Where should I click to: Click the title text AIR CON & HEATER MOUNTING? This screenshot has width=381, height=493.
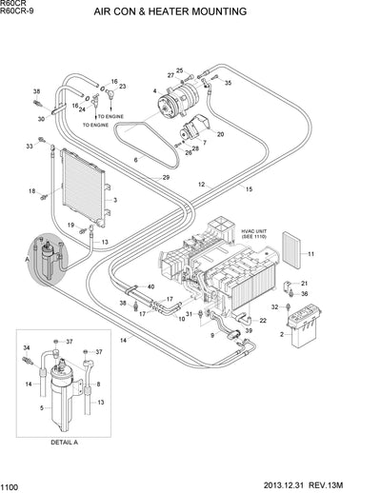pyautogui.click(x=170, y=12)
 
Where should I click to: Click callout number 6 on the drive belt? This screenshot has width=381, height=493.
pyautogui.click(x=135, y=161)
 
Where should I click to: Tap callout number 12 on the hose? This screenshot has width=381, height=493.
pyautogui.click(x=201, y=184)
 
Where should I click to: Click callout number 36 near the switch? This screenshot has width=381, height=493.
pyautogui.click(x=306, y=293)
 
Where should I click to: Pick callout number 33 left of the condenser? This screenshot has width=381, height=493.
pyautogui.click(x=29, y=147)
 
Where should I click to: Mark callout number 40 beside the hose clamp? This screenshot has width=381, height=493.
pyautogui.click(x=149, y=286)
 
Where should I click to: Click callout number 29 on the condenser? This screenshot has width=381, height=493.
pyautogui.click(x=166, y=178)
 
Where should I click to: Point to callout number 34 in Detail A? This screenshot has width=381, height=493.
pyautogui.click(x=26, y=348)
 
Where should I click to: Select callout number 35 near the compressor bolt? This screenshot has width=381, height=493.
pyautogui.click(x=228, y=84)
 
